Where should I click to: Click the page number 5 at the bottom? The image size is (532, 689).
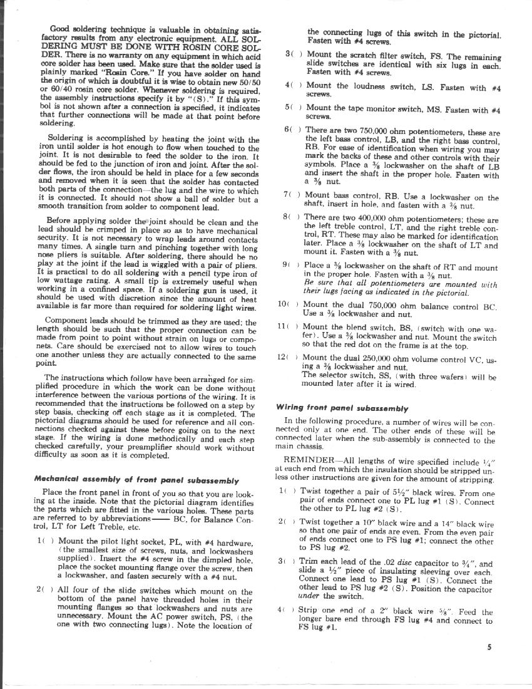coord(489,649)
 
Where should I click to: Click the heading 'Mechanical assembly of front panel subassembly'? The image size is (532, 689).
coord(136,480)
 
